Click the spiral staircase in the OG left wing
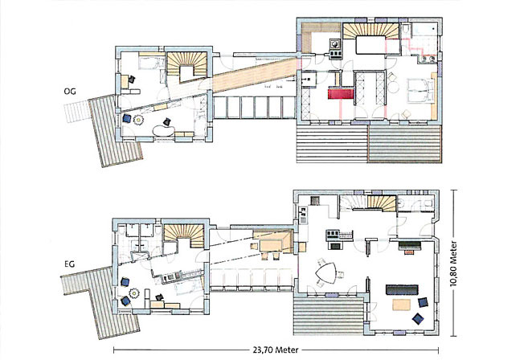click(186, 66)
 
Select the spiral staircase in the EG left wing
click(185, 238)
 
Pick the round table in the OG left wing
click(137, 121)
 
